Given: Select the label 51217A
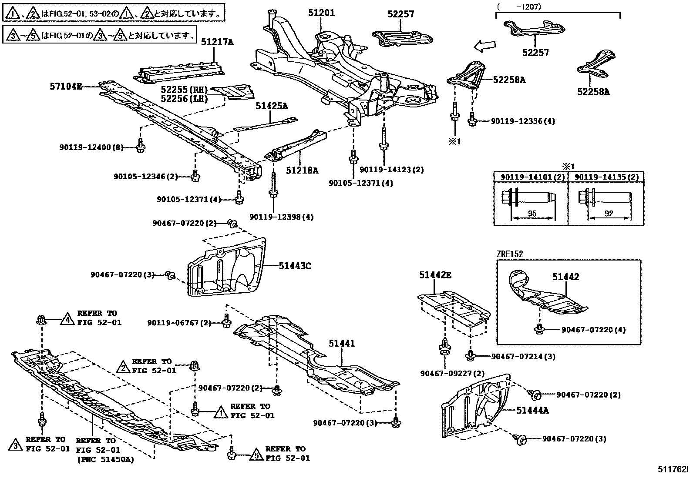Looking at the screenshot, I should pos(217,42).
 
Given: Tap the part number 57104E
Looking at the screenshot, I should pos(65,87).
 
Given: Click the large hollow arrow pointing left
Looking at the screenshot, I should pos(484,45).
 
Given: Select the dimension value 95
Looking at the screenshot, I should pos(532,214).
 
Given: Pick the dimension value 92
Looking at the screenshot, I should pos(609,214).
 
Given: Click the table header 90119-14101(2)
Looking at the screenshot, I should pos(531,177).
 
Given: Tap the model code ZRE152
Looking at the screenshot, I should pos(510,254).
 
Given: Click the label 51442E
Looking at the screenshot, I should pos(435,274).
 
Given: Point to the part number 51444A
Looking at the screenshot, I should pos(532,410).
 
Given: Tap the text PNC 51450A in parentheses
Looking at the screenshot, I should pos(105,460).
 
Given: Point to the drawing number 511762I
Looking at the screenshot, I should pos(673,469).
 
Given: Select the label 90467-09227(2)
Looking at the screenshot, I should pos(446,374).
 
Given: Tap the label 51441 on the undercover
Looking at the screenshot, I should pos(342,343).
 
